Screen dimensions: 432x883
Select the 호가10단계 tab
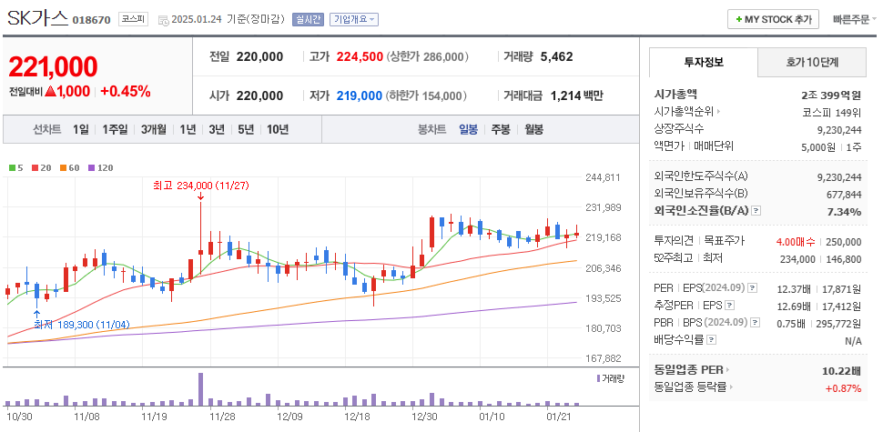812,62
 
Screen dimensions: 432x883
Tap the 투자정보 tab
703,62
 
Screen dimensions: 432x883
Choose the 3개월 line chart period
154,129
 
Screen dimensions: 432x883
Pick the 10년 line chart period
278,129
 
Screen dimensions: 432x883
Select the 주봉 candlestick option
501,129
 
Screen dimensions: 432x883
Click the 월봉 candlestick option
533,129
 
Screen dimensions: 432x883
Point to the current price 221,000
53,66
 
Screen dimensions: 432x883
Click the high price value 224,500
360,56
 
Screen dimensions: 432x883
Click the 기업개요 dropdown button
355,19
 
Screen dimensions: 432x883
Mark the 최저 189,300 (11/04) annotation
82,324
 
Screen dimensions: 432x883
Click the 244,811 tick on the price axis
603,177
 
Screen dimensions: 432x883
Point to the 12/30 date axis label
424,417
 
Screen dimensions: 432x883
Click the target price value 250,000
843,241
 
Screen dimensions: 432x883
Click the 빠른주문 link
850,19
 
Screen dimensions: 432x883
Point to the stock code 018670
91,20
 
